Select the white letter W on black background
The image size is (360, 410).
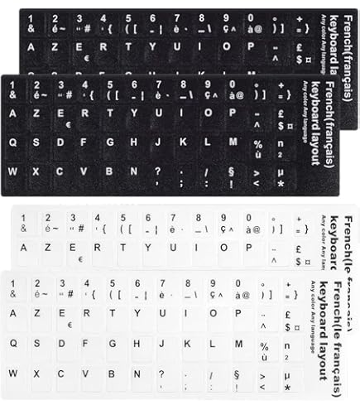[x=12, y=171]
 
